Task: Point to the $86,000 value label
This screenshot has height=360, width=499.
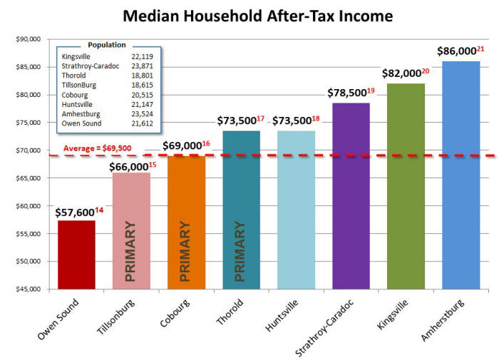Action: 456,52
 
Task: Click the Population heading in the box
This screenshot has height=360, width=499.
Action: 106,44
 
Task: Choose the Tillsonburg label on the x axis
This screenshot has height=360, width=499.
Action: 118,317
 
